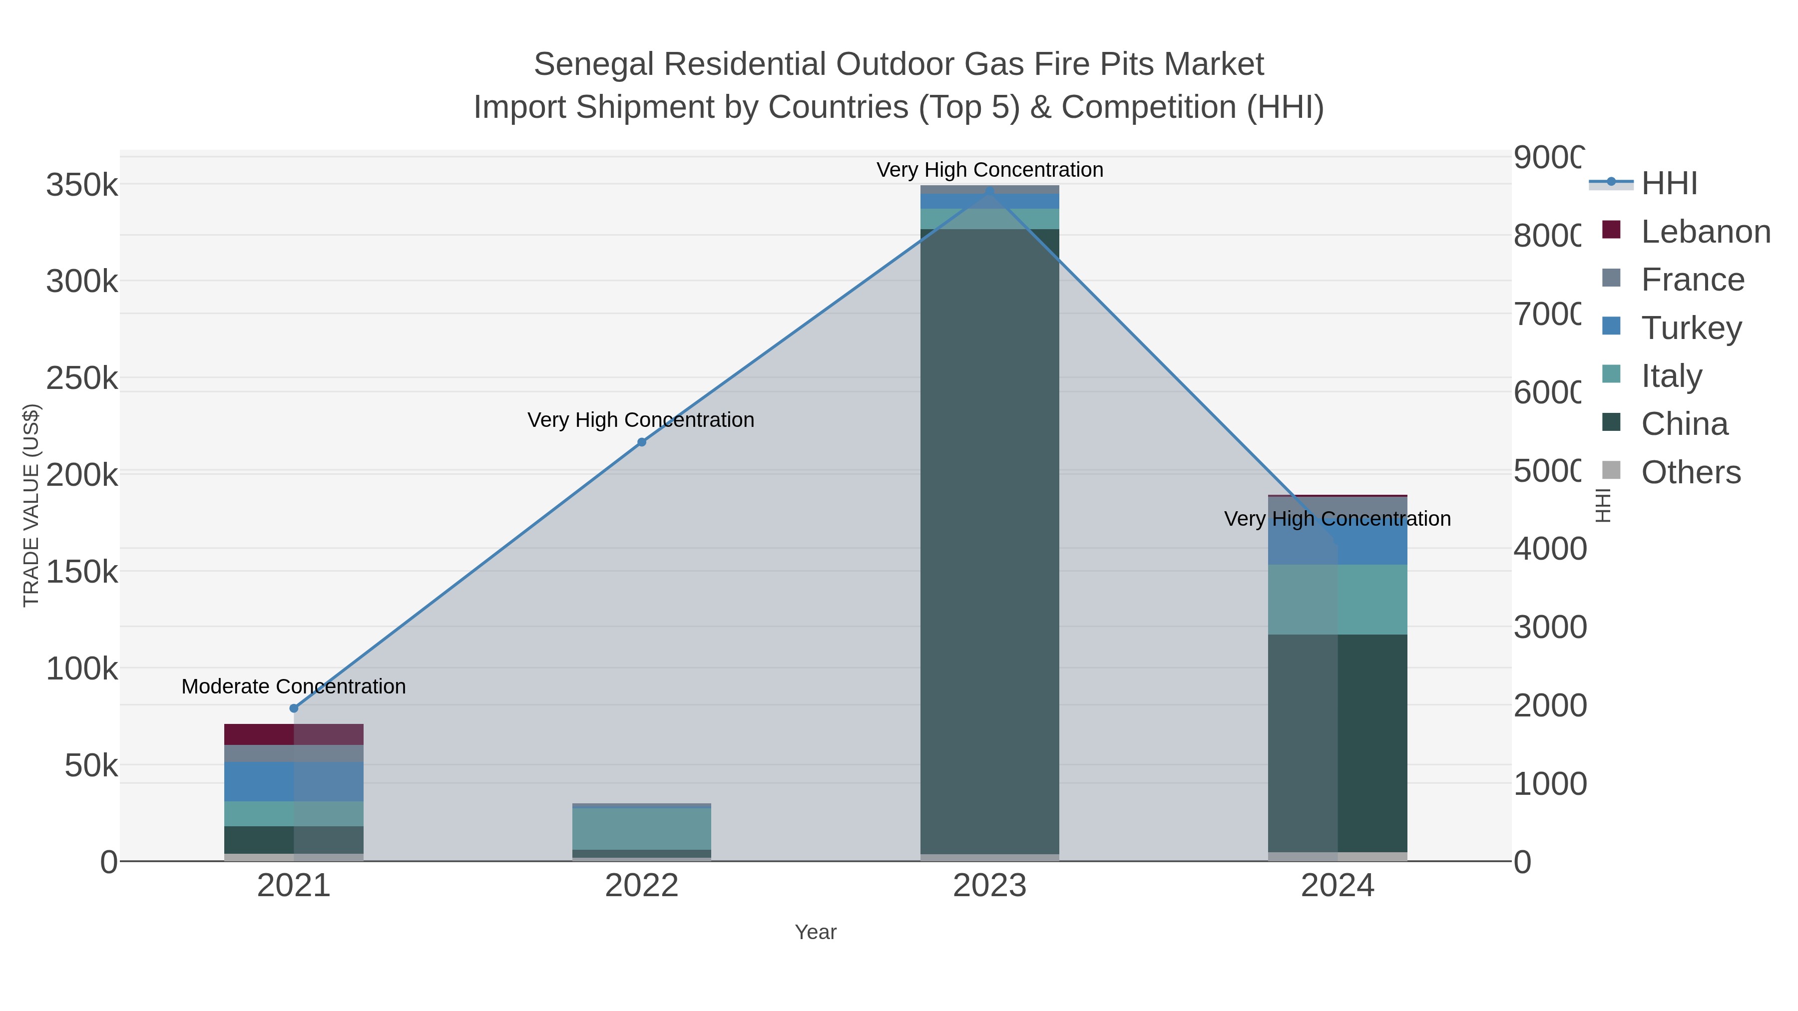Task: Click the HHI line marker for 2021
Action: pos(294,708)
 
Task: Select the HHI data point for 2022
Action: pos(641,442)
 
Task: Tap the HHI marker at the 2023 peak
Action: pos(989,191)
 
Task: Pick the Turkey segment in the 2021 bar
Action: pos(293,781)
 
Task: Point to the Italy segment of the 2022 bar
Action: pos(641,828)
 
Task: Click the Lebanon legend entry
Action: pos(1705,232)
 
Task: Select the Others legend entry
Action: pos(1691,472)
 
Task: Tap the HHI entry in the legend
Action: pos(1669,184)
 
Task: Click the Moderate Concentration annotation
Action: pos(293,686)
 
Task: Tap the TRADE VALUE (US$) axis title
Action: pos(31,505)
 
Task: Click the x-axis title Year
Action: pos(815,932)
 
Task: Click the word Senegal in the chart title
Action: pos(594,64)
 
